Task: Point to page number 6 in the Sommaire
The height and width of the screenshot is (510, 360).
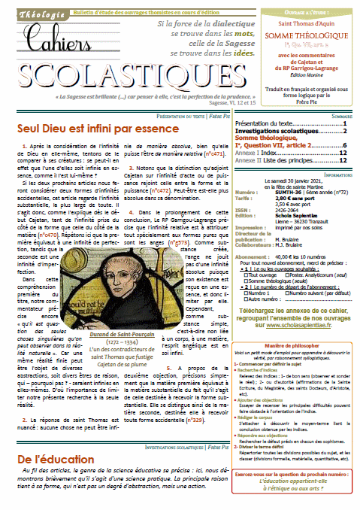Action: (x=344, y=144)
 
